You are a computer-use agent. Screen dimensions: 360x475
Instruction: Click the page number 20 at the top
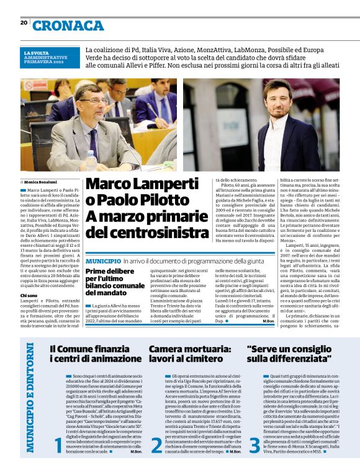24,23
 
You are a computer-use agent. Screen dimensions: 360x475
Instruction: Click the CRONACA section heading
68,25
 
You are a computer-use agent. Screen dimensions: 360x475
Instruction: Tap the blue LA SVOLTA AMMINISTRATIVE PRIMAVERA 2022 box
50,56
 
